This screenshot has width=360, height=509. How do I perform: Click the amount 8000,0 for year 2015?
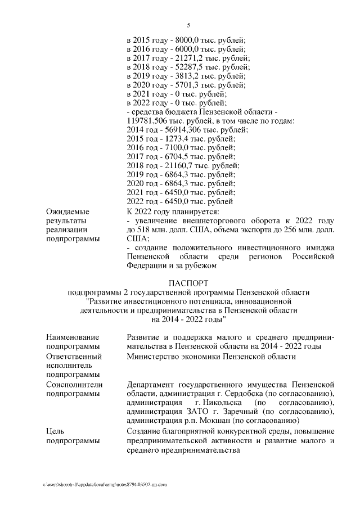click(185, 40)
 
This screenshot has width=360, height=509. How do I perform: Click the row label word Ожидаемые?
click(68, 211)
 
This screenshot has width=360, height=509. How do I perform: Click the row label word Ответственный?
click(74, 356)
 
